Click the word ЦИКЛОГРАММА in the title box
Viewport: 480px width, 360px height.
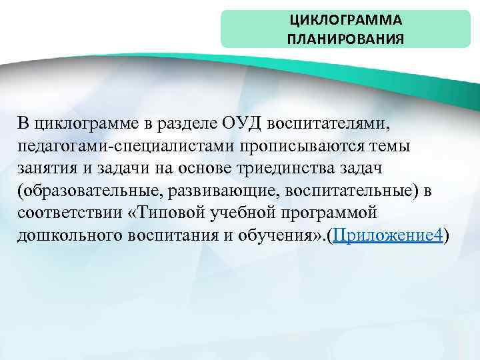point(345,20)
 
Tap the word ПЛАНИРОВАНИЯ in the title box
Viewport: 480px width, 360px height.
point(345,38)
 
